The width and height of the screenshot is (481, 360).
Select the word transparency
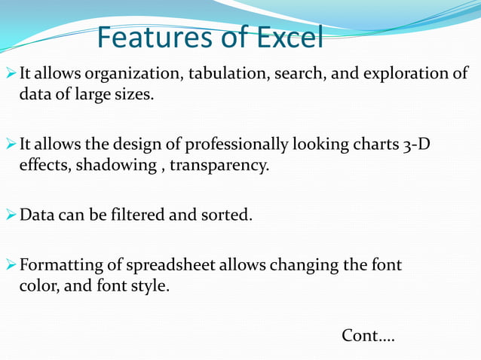coord(219,164)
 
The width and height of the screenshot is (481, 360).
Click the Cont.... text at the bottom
coord(368,334)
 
